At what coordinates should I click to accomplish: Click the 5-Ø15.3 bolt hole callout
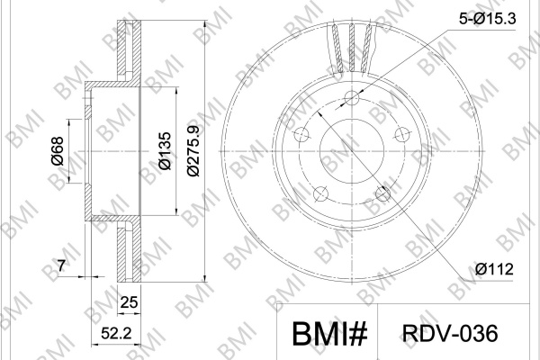[x=487, y=19]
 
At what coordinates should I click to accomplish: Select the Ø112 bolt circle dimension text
[x=494, y=269]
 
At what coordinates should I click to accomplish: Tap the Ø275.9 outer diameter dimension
[x=193, y=151]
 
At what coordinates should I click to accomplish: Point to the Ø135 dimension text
[x=165, y=150]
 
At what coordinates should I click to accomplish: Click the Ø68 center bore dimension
[x=58, y=151]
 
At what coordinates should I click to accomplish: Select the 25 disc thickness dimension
[x=129, y=302]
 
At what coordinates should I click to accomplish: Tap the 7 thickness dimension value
[x=61, y=266]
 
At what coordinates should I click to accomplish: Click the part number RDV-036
[x=450, y=333]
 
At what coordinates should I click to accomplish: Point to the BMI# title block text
[x=329, y=334]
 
